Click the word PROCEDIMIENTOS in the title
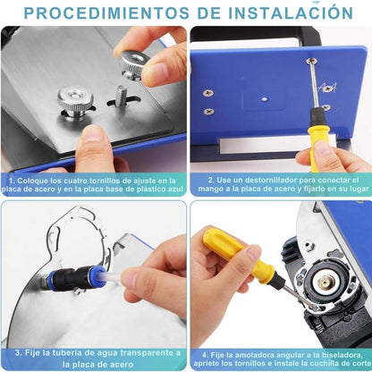point(106,13)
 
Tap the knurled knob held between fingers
point(134,65)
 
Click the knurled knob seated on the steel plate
point(75,102)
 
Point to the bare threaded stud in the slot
point(122,94)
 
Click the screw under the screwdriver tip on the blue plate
point(311,61)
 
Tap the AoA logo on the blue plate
point(327,88)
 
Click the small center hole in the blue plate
point(264,99)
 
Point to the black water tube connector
point(76,277)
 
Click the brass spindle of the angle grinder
point(325,283)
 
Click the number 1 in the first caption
point(12,181)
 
